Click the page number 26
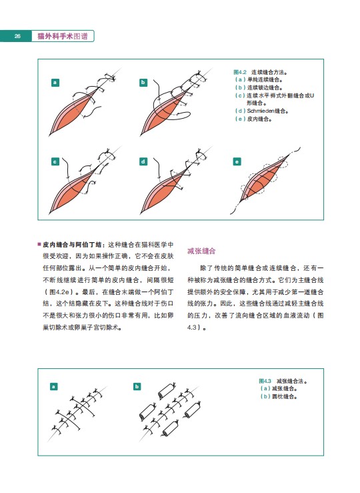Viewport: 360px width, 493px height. tap(17, 36)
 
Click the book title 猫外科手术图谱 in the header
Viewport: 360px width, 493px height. tap(63, 36)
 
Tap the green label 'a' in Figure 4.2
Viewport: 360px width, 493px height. tap(55, 83)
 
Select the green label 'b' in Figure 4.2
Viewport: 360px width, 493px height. tap(143, 83)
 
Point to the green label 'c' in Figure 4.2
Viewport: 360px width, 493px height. tap(55, 161)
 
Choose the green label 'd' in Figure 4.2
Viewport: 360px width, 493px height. tap(143, 161)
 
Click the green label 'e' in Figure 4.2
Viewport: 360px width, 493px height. tap(237, 161)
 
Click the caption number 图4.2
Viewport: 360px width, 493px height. tap(240, 72)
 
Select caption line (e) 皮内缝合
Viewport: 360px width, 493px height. tap(253, 119)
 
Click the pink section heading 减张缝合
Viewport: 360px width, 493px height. tap(201, 251)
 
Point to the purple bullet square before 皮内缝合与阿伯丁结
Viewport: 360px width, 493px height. tap(39, 244)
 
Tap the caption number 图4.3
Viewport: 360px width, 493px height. tap(265, 381)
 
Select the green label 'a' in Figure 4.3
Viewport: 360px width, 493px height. tap(54, 386)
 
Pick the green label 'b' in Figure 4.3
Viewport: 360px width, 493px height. tap(137, 386)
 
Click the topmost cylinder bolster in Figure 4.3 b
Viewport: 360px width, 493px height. tap(167, 391)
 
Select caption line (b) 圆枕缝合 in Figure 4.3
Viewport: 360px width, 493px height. tap(279, 396)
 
